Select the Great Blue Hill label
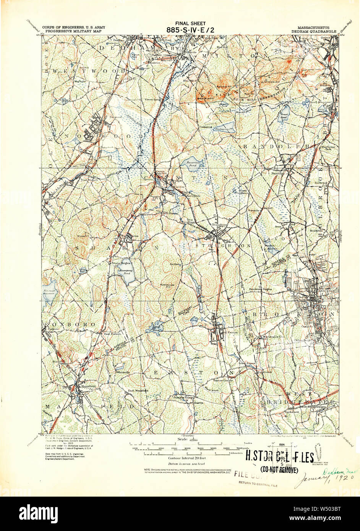pyautogui.click(x=204, y=99)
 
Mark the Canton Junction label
pyautogui.click(x=160, y=173)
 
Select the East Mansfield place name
pyautogui.click(x=138, y=390)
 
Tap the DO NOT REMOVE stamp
pyautogui.click(x=279, y=470)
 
